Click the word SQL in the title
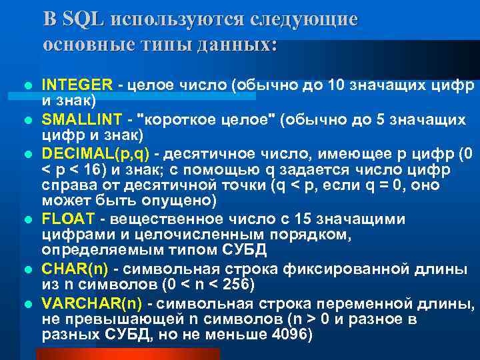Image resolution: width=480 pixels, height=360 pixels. (83, 19)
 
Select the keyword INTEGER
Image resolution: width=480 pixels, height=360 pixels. (77, 85)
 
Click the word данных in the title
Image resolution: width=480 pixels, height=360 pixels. (233, 44)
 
